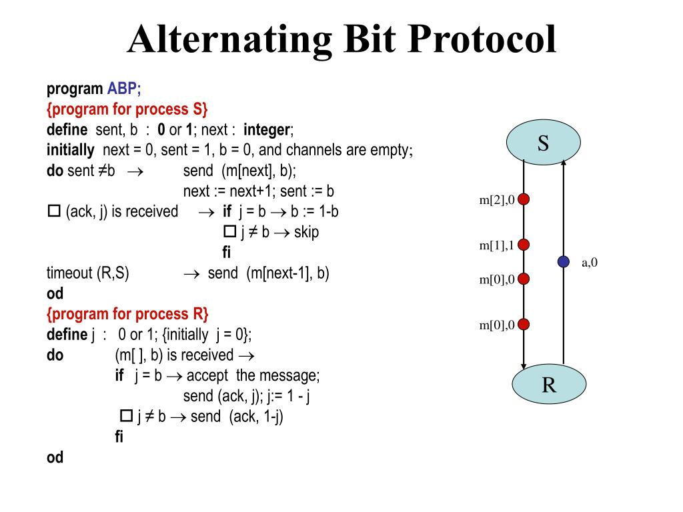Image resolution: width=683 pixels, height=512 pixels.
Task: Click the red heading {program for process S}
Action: [x=128, y=109]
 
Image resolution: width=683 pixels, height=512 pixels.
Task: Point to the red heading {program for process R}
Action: [x=128, y=314]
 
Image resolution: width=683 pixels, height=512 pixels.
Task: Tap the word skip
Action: [x=306, y=232]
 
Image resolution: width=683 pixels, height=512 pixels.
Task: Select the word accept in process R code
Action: [x=207, y=375]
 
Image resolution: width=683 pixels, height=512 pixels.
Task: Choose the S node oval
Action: [x=543, y=143]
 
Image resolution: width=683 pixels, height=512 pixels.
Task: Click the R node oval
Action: [x=549, y=385]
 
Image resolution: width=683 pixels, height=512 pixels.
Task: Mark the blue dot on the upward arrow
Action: [x=564, y=262]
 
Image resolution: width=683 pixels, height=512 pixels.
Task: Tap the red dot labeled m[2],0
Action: [x=524, y=199]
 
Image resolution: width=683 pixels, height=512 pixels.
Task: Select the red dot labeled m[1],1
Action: [x=524, y=245]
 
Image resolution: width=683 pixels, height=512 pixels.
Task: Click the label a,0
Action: [x=590, y=262]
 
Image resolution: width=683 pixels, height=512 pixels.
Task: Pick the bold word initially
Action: [x=70, y=149]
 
